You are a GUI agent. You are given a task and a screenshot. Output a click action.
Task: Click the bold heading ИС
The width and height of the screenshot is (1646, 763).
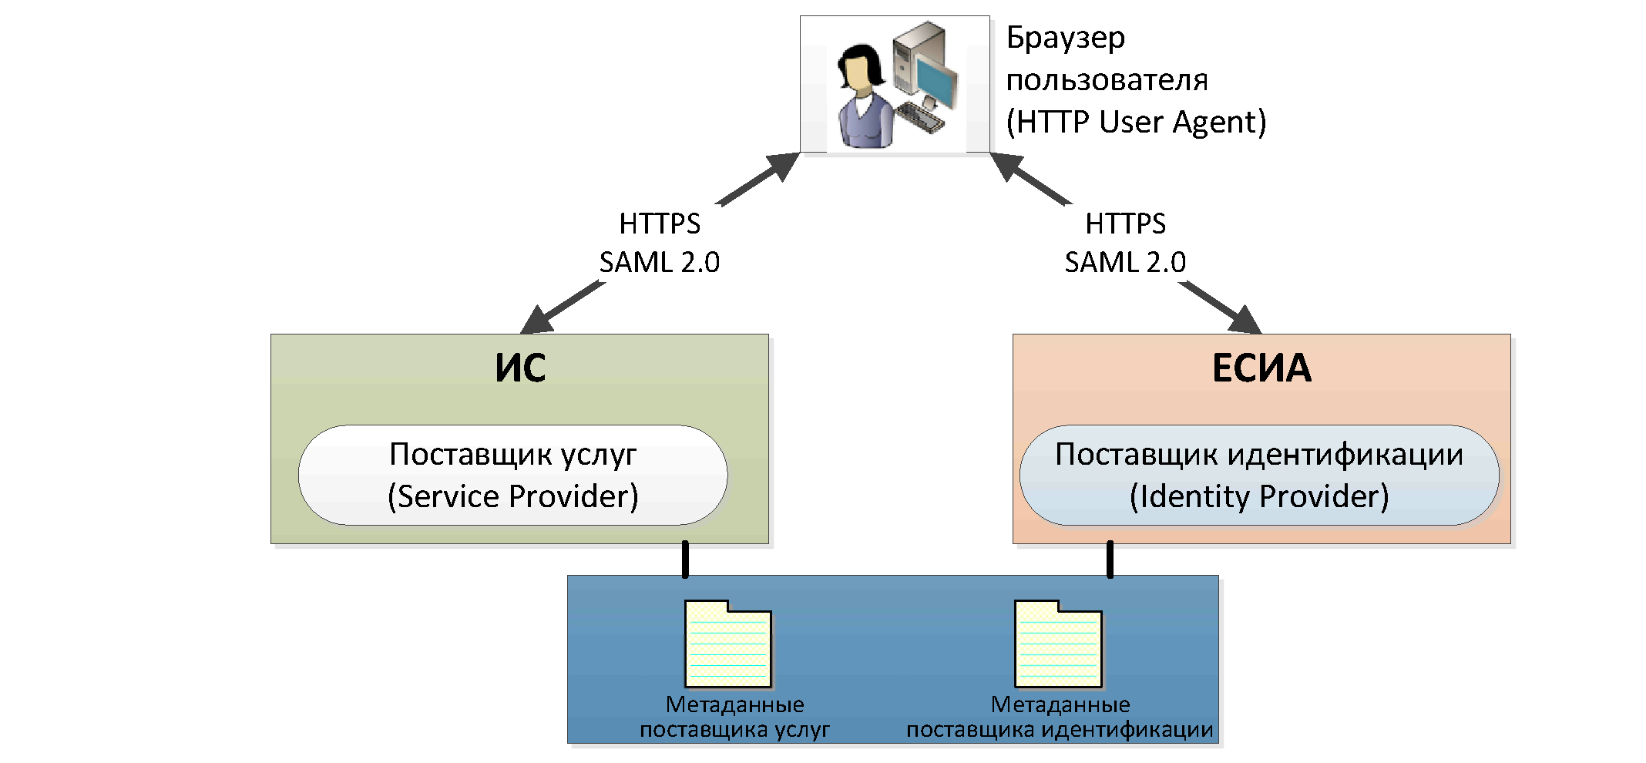[x=520, y=368]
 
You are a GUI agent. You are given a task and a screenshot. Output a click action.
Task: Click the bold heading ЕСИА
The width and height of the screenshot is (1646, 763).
[x=1261, y=368]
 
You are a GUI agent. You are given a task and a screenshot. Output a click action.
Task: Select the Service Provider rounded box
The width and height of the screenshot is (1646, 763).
[x=512, y=476]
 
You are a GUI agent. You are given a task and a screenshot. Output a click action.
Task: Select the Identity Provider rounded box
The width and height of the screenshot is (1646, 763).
[x=1259, y=476]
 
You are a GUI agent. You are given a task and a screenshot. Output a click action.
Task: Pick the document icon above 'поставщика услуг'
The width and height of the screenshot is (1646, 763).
[x=728, y=644]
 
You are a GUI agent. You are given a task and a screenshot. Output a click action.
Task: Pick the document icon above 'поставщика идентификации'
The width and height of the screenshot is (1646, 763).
[x=1058, y=644]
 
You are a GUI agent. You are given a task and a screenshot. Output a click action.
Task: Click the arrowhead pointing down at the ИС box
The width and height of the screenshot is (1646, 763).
[x=539, y=319]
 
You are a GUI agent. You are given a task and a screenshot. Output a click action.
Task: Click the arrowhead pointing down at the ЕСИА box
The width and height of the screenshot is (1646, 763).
[x=1244, y=319]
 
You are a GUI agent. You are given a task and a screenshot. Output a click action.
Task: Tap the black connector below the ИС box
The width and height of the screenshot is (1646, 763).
[x=685, y=560]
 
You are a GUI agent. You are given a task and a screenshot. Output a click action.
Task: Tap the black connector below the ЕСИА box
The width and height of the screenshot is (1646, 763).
[x=1110, y=560]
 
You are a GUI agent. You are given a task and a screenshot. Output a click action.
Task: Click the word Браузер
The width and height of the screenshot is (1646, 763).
[x=1066, y=38]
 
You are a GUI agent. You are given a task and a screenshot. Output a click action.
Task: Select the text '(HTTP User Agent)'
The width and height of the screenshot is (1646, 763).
[x=1136, y=122]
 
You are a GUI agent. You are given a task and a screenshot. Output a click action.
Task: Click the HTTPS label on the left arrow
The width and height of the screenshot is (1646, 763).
[x=660, y=224]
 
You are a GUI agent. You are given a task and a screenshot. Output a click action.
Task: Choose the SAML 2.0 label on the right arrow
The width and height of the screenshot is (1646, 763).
[x=1125, y=263]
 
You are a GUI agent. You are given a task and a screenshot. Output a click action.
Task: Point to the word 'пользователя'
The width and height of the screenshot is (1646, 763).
[x=1107, y=80]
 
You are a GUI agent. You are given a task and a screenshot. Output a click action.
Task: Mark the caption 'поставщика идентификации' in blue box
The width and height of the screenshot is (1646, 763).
[x=1060, y=730]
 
